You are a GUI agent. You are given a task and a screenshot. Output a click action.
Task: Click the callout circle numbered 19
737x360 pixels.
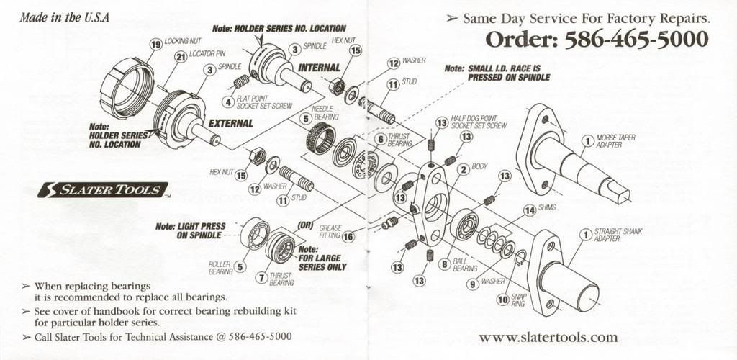tap(155, 45)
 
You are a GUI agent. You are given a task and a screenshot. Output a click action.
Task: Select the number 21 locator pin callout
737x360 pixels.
tap(181, 56)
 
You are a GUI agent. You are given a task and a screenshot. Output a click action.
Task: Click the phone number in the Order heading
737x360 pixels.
tap(637, 40)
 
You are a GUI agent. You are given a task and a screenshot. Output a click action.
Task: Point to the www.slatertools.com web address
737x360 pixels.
tap(548, 337)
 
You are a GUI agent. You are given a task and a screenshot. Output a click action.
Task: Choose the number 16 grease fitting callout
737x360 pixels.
tap(349, 235)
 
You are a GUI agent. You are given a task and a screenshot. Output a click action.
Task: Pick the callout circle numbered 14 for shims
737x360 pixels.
tap(530, 210)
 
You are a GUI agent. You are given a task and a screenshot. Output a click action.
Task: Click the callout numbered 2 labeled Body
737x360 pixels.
tap(464, 169)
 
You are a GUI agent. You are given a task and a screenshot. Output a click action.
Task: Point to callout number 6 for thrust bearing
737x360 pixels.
tap(380, 138)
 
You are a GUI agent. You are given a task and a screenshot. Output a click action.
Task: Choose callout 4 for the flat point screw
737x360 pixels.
tap(227, 101)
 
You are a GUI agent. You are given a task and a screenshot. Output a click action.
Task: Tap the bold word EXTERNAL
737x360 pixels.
tap(230, 123)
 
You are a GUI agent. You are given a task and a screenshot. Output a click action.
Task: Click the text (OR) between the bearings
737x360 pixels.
tap(305, 225)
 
